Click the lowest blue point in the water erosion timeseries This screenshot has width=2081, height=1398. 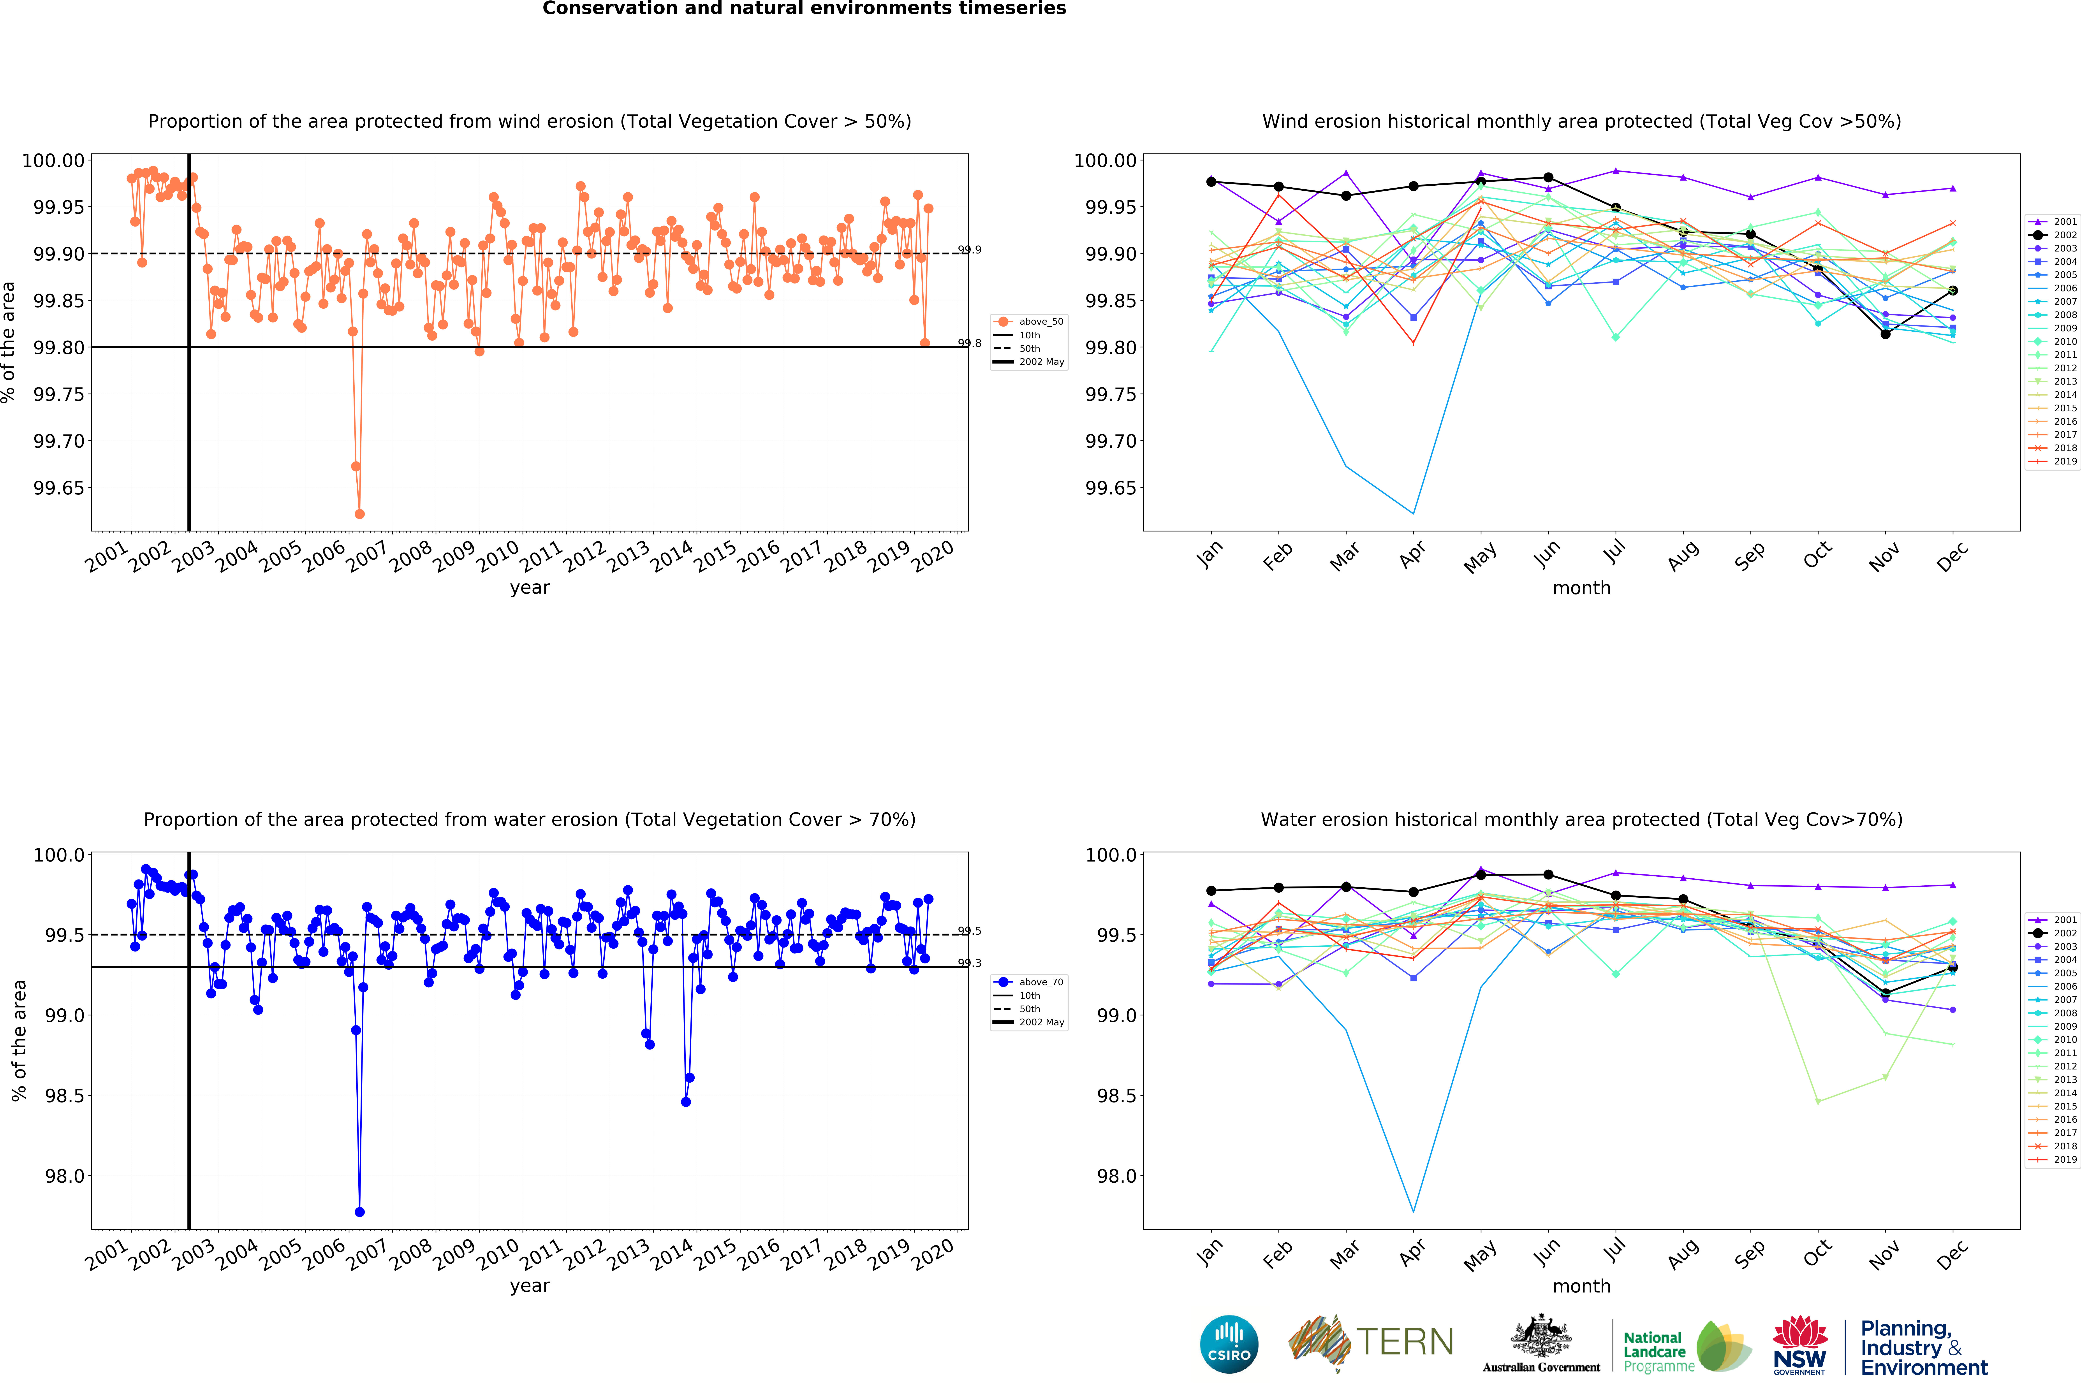(359, 1212)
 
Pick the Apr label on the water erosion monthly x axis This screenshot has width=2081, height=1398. (1412, 1254)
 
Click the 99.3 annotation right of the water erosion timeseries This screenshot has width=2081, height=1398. (969, 963)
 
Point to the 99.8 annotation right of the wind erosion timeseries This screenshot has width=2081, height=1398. (969, 343)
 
